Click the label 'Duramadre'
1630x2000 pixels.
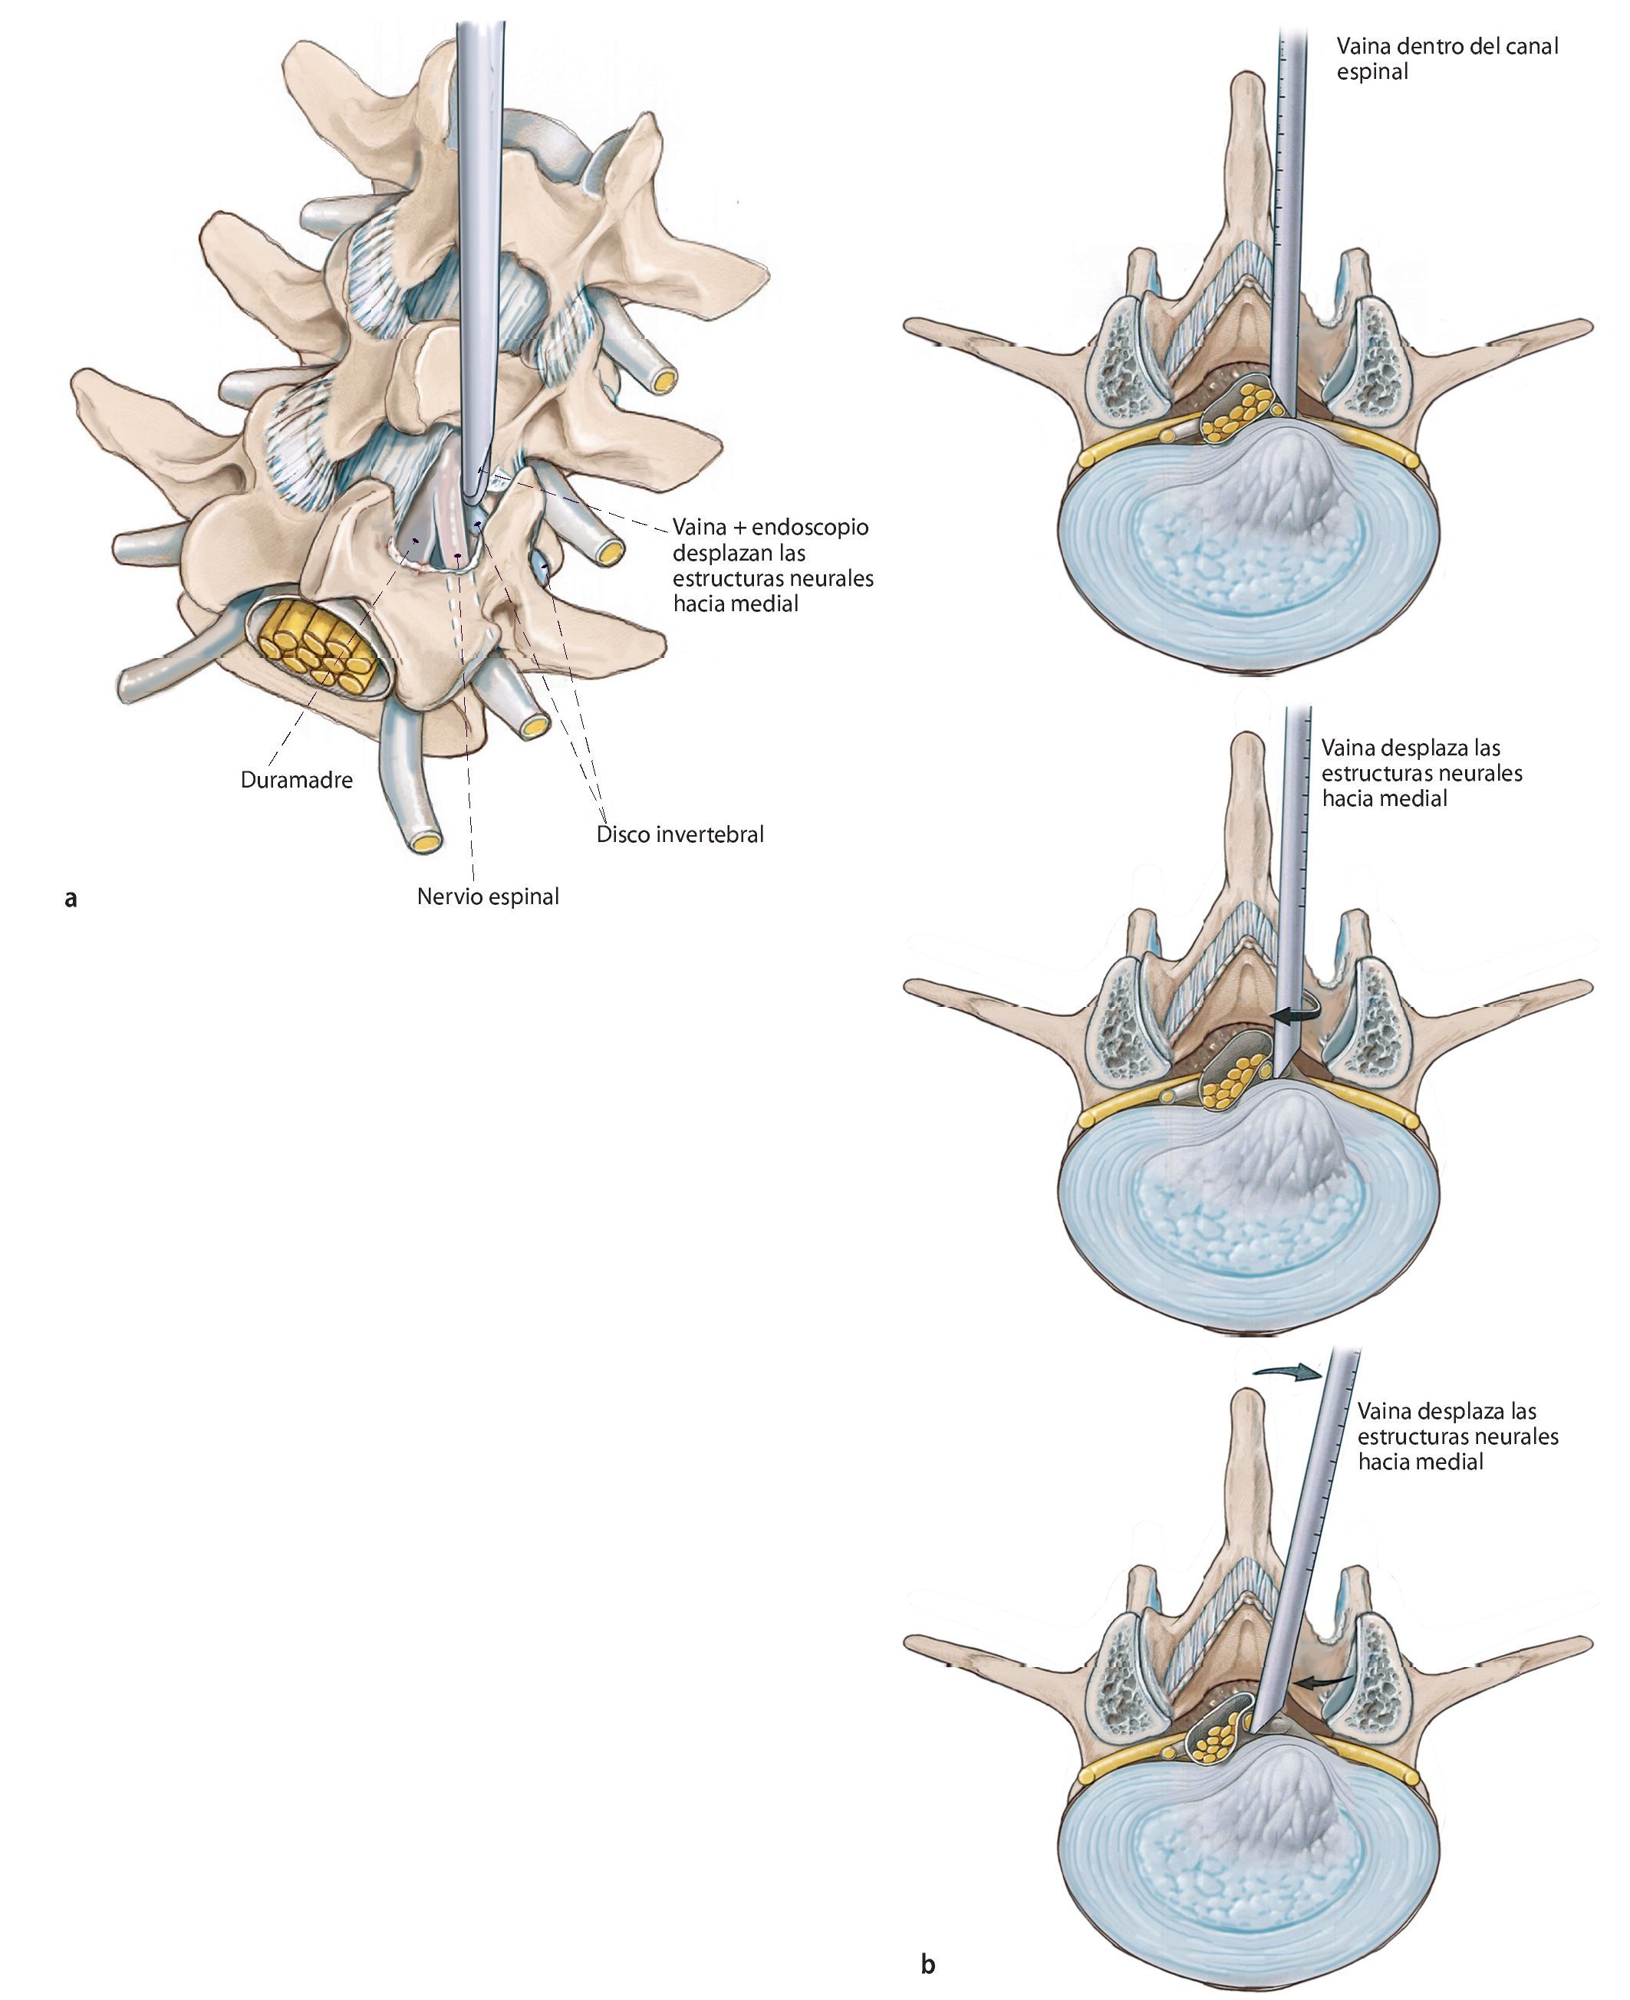(x=296, y=780)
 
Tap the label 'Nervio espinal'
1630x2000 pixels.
(x=487, y=896)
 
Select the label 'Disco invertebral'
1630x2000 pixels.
(x=680, y=834)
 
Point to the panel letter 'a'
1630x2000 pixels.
(x=71, y=898)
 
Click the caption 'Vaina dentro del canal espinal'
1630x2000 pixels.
(x=1446, y=58)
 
